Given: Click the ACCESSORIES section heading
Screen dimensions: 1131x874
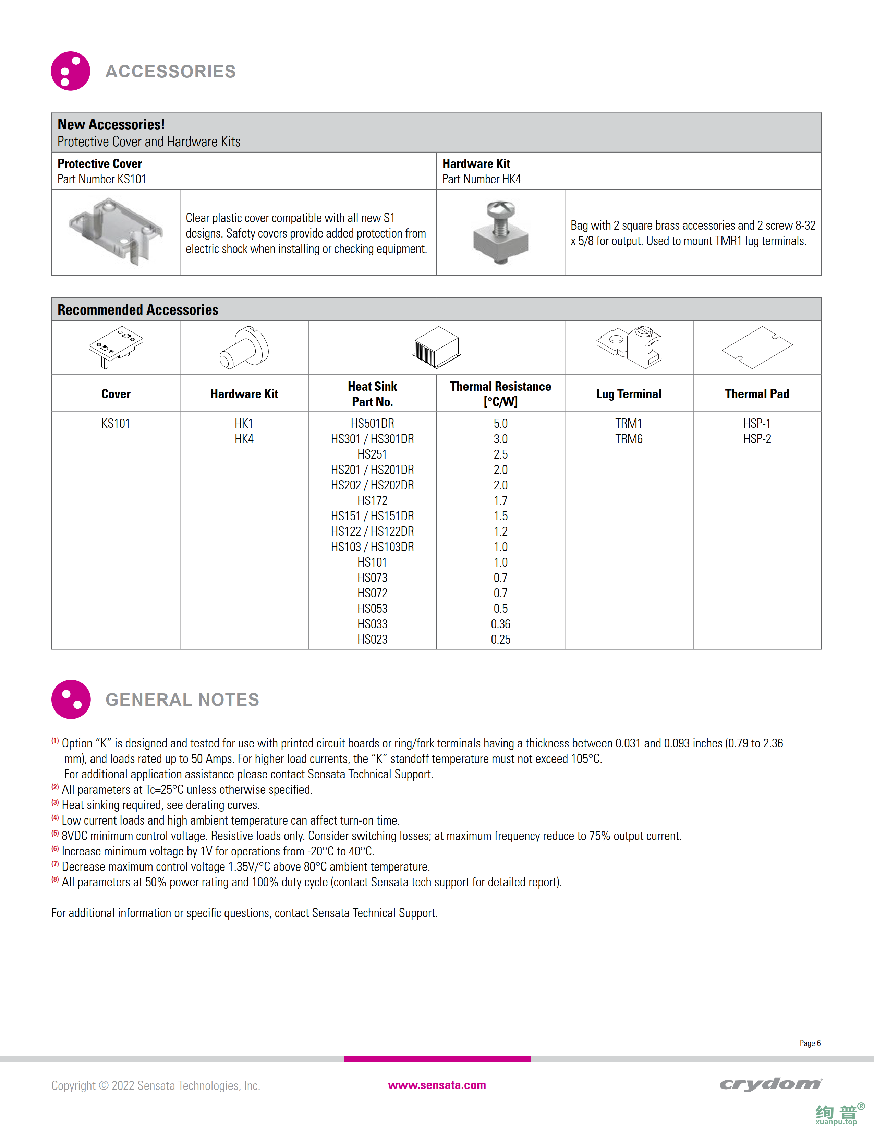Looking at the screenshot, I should pos(170,72).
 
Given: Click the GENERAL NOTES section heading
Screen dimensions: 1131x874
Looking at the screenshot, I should pos(182,700).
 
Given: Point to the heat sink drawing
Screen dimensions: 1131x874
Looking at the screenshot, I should pos(436,348).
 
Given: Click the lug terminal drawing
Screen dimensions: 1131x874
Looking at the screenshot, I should pos(629,348).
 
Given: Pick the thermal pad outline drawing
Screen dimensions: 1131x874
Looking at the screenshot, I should pos(757,348).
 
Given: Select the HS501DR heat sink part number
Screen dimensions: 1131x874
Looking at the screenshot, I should pos(372,424).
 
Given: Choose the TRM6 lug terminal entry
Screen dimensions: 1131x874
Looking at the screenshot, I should pos(629,439).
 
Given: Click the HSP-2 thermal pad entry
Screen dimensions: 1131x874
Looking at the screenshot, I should pos(757,439).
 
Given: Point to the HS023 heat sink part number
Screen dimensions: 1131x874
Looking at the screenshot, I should pos(372,640).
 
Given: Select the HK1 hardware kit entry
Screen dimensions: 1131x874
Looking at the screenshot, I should pos(244,424).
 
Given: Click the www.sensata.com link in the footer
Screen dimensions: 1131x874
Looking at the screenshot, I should pos(437,1085).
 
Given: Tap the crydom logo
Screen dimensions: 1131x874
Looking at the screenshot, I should pos(770,1084).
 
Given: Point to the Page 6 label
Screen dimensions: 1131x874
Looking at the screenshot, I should pos(810,1043).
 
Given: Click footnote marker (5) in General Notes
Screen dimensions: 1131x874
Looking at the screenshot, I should pos(55,834).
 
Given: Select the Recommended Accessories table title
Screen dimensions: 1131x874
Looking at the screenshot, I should pos(138,310).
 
